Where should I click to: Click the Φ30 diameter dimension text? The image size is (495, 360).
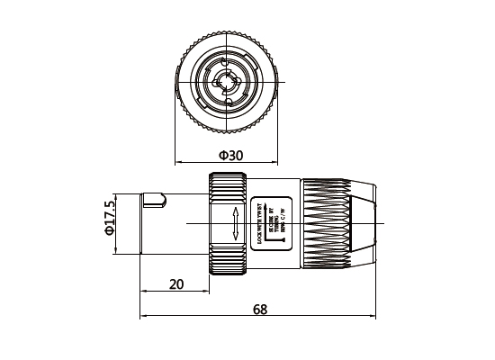pyautogui.click(x=231, y=156)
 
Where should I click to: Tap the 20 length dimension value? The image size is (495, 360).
pyautogui.click(x=176, y=284)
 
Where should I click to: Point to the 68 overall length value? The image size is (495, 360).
pyautogui.click(x=259, y=310)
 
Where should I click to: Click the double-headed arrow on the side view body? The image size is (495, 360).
pyautogui.click(x=235, y=221)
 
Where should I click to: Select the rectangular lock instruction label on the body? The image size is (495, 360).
pyautogui.click(x=270, y=221)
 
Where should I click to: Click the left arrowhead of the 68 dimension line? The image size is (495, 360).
pyautogui.click(x=145, y=317)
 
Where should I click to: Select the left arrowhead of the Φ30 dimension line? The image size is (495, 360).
pyautogui.click(x=177, y=162)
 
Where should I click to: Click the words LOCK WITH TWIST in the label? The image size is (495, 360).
pyautogui.click(x=260, y=222)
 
